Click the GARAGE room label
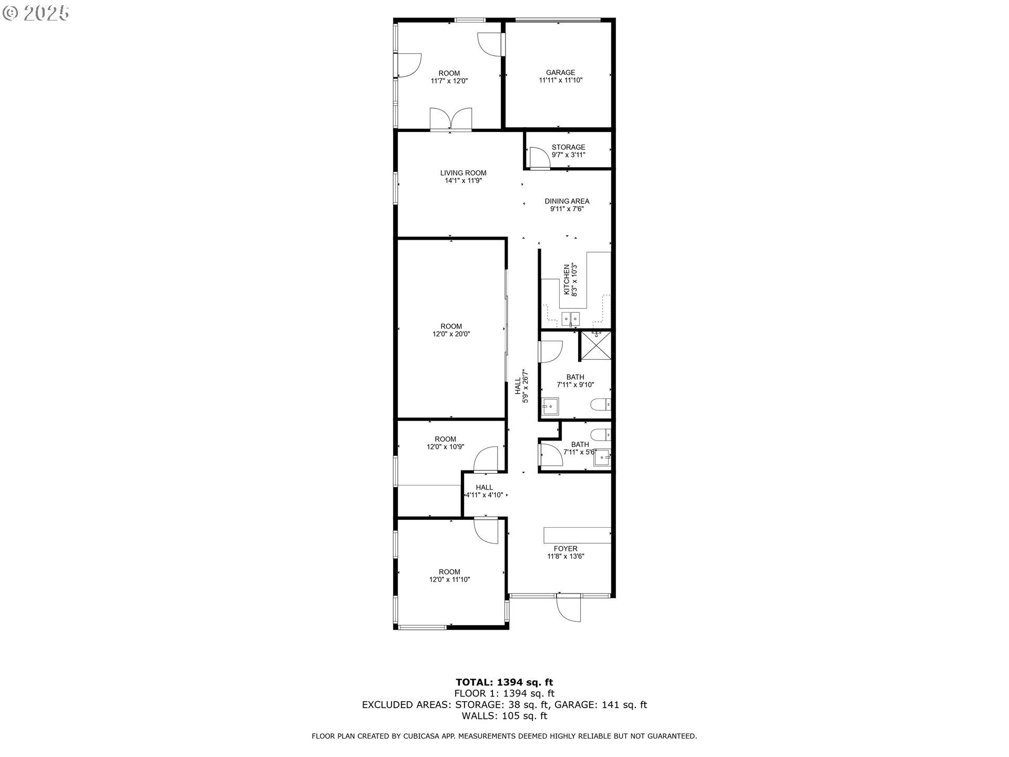[x=560, y=73]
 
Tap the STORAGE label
[x=568, y=147]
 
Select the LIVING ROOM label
[x=463, y=173]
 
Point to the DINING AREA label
[x=567, y=201]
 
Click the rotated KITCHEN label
[x=567, y=279]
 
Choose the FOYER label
[x=565, y=549]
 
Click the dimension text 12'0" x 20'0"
[x=451, y=334]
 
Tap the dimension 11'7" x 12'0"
[x=449, y=81]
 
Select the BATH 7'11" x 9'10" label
[x=575, y=381]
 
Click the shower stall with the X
[x=595, y=346]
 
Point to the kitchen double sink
[x=570, y=319]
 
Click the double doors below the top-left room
[x=451, y=119]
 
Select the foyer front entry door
[x=569, y=608]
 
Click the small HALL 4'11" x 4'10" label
[x=484, y=491]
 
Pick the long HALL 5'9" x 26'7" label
[x=521, y=386]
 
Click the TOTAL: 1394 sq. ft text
[x=504, y=682]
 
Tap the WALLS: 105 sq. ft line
[x=504, y=715]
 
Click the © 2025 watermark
[x=35, y=13]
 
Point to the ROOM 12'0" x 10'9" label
[x=445, y=443]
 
